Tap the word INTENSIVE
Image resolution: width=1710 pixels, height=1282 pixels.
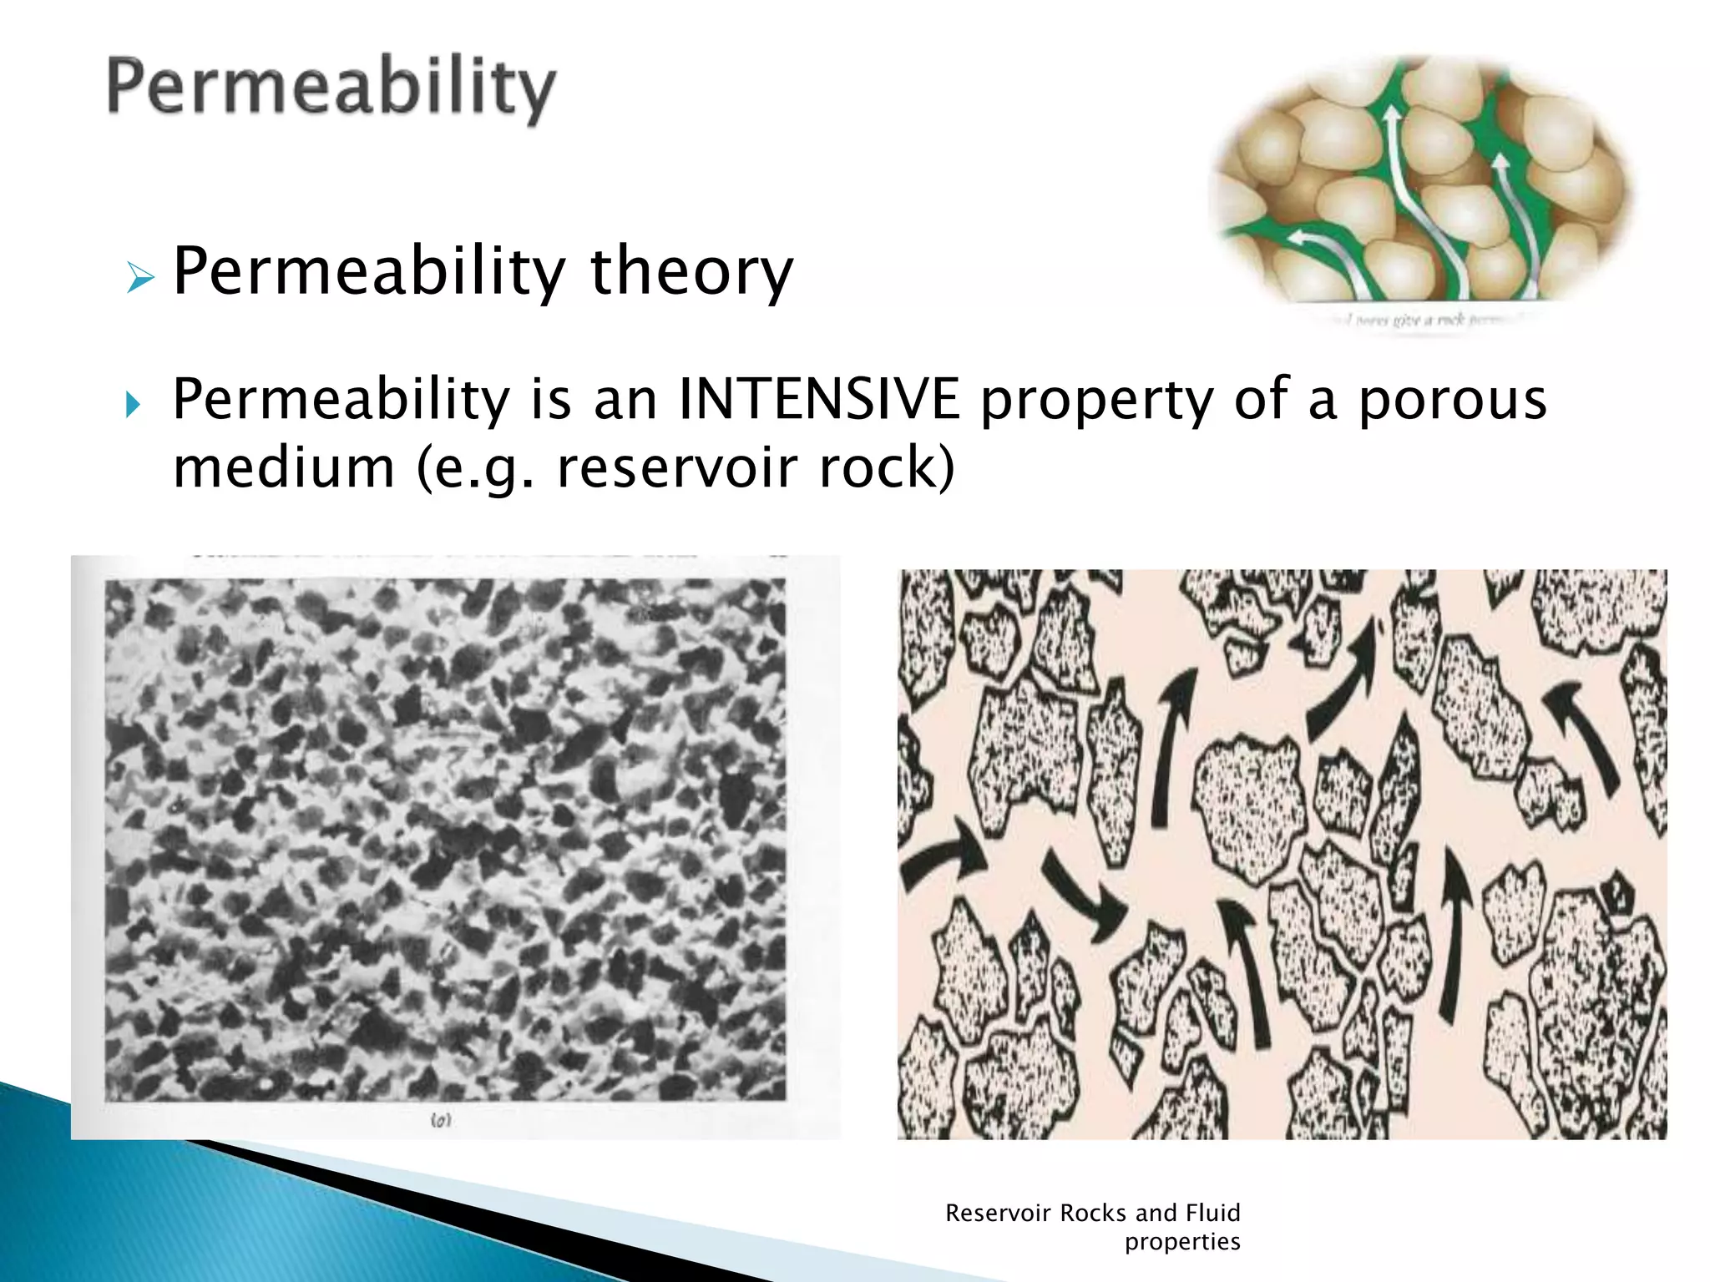[x=818, y=399]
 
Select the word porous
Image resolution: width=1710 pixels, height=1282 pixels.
[x=1453, y=401]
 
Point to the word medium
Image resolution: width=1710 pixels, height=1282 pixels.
[x=284, y=467]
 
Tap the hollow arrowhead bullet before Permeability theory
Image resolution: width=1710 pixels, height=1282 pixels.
[x=140, y=277]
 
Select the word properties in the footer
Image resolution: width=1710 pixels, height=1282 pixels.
[x=1181, y=1242]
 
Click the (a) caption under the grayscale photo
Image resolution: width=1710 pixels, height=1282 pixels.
[x=441, y=1120]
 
